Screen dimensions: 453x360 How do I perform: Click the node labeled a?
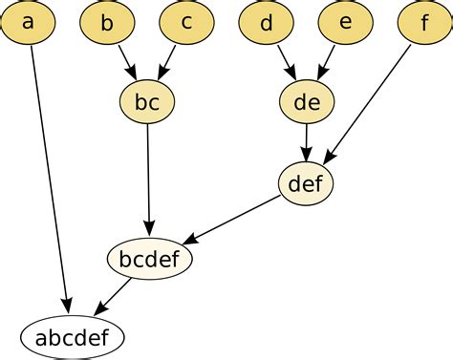click(28, 22)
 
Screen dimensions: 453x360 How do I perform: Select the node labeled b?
click(107, 22)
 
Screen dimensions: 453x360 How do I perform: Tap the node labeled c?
click(186, 22)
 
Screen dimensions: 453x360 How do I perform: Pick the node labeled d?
click(267, 22)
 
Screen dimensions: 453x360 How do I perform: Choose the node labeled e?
click(346, 22)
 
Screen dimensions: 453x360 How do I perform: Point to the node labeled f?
click(425, 22)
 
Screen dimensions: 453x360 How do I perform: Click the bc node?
click(147, 102)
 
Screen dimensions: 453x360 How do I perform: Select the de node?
click(307, 102)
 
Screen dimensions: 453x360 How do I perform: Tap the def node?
click(306, 183)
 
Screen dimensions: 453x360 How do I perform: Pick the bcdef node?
click(150, 259)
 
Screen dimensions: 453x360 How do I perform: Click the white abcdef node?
click(73, 337)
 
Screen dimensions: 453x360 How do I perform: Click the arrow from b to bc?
click(128, 62)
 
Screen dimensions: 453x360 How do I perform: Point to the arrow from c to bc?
click(166, 62)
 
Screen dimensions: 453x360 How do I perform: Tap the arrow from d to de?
click(287, 62)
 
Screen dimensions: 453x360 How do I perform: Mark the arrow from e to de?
click(326, 62)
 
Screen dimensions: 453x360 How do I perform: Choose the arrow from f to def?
click(367, 104)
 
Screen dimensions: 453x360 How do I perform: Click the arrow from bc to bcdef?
click(148, 180)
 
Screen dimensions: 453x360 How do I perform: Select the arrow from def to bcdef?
click(231, 220)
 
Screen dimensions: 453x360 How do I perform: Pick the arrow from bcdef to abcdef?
click(113, 298)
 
